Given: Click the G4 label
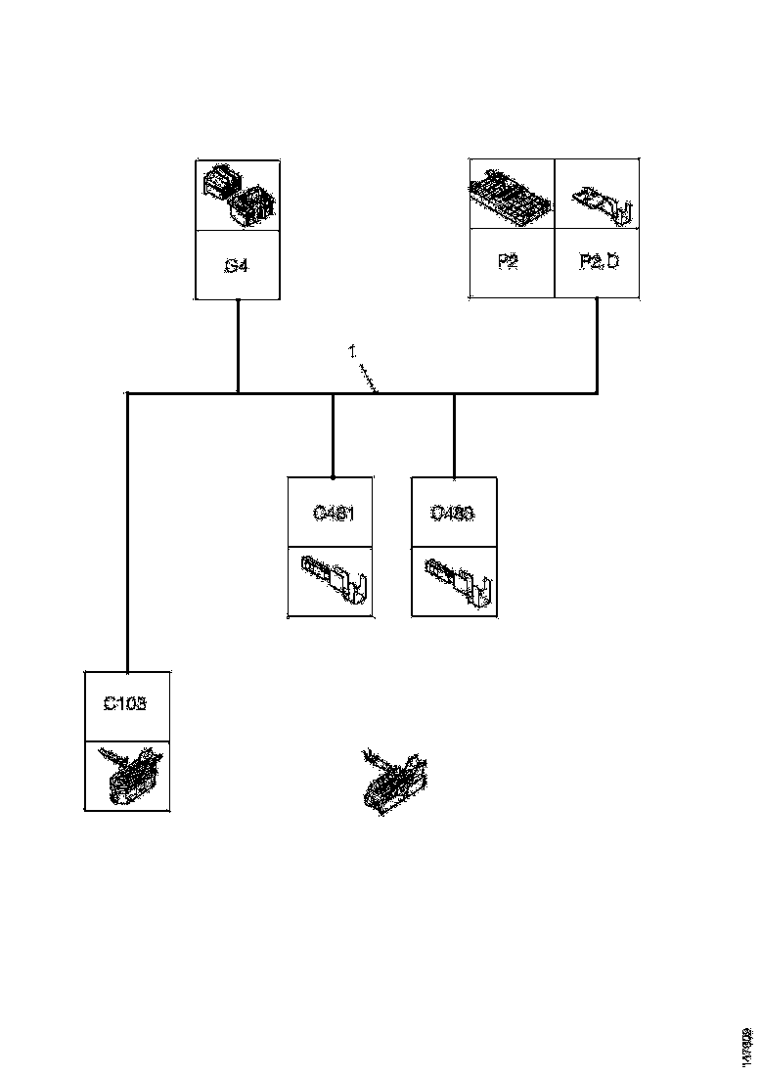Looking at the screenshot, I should pyautogui.click(x=236, y=264).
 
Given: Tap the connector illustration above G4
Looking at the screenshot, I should pyautogui.click(x=239, y=195).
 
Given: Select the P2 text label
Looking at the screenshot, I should pyautogui.click(x=508, y=262).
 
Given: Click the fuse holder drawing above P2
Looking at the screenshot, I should pyautogui.click(x=512, y=194).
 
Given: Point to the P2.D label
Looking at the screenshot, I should pyautogui.click(x=599, y=262).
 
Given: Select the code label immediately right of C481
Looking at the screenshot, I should pyautogui.click(x=453, y=512).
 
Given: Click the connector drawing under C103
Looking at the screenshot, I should pyautogui.click(x=128, y=775).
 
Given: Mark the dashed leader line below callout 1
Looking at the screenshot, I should pyautogui.click(x=369, y=379).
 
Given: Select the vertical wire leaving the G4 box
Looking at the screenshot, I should pyautogui.click(x=238, y=345).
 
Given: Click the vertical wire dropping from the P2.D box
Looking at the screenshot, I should pyautogui.click(x=597, y=345).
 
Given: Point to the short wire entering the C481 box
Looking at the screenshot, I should pyautogui.click(x=333, y=435).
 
